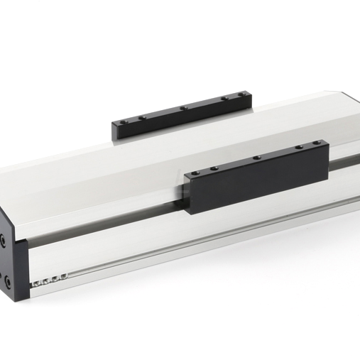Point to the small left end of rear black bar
click(x=114, y=131)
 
